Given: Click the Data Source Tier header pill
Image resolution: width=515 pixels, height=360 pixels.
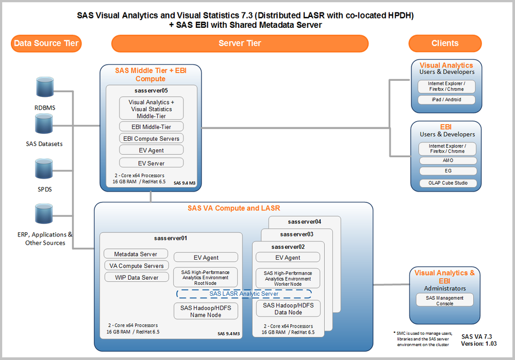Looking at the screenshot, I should pyautogui.click(x=46, y=43).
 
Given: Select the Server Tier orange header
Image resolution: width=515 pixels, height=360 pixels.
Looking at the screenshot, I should pyautogui.click(x=240, y=43).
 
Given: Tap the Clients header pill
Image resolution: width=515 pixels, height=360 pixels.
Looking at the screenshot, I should pyautogui.click(x=445, y=43).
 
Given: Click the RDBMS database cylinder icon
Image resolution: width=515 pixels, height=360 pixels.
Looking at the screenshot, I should pyautogui.click(x=44, y=89).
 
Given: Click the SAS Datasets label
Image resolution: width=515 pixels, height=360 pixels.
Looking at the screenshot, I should pyautogui.click(x=44, y=144).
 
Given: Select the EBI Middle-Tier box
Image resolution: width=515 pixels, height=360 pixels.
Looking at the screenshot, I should pyautogui.click(x=151, y=126).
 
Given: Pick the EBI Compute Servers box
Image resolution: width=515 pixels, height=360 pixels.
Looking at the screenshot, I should pyautogui.click(x=151, y=138).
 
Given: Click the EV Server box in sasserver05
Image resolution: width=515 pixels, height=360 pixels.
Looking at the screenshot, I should pyautogui.click(x=151, y=163).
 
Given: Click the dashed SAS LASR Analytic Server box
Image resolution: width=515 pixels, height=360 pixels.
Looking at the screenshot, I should pyautogui.click(x=244, y=294).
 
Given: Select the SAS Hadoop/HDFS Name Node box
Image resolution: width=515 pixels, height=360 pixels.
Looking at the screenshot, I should pyautogui.click(x=206, y=311).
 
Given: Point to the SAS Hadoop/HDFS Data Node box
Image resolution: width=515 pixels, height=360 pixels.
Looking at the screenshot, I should pyautogui.click(x=288, y=308).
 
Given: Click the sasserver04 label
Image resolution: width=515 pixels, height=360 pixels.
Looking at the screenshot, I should pyautogui.click(x=305, y=222).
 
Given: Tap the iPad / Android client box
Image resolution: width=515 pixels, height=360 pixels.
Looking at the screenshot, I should pyautogui.click(x=446, y=100).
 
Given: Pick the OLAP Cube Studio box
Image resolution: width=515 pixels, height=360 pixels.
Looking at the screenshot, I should pyautogui.click(x=446, y=183).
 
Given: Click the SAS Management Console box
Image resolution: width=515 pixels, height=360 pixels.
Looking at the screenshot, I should pyautogui.click(x=444, y=300).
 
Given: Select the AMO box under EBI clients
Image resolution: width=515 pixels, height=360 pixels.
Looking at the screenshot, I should pyautogui.click(x=446, y=161).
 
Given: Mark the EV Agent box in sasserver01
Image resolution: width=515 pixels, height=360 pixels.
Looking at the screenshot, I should pyautogui.click(x=206, y=258).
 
